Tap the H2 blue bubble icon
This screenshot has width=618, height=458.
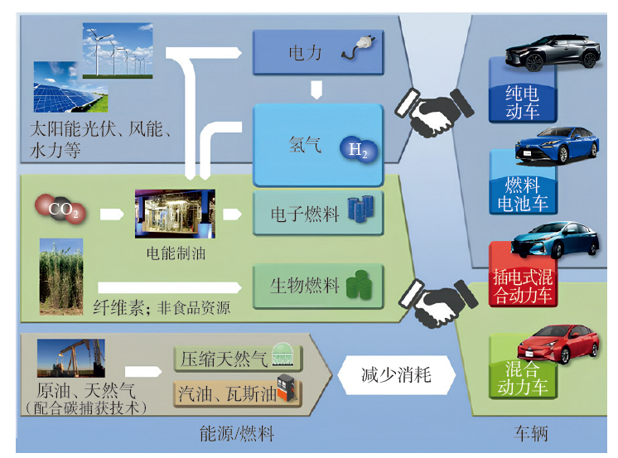click(x=359, y=150)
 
